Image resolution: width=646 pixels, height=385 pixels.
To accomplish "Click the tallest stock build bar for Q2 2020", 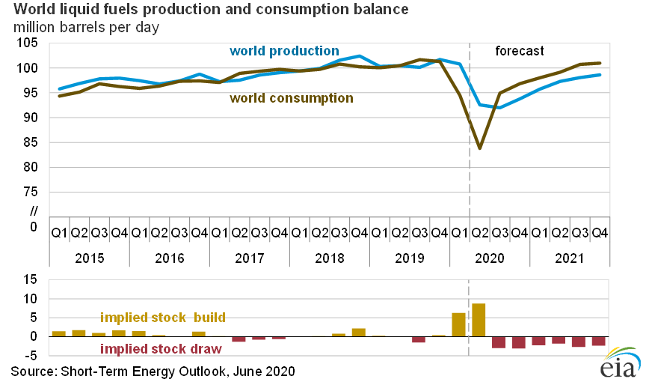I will click(479, 320).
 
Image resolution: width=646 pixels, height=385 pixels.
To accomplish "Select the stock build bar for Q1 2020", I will click(459, 324).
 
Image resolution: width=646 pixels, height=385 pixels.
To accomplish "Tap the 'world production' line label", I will click(283, 51).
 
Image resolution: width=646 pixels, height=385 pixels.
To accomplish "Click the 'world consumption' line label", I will click(292, 97).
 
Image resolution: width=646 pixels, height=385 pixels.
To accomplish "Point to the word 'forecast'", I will click(520, 51).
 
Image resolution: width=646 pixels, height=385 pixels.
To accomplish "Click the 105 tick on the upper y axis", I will click(27, 43).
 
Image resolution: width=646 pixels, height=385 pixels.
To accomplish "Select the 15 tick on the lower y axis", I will click(31, 280).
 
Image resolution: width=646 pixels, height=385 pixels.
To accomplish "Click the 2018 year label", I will click(329, 258).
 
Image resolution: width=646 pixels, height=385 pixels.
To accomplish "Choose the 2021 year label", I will click(570, 258).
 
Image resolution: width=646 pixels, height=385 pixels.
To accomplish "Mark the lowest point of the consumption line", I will click(479, 148).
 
